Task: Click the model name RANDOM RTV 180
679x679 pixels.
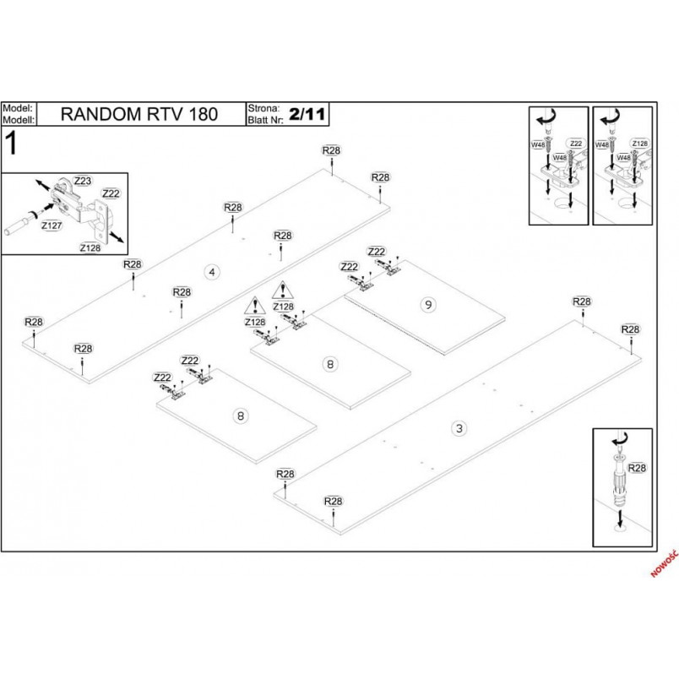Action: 139,114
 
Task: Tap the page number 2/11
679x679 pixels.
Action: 307,114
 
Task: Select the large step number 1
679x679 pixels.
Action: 12,144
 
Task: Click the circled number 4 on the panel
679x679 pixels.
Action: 212,272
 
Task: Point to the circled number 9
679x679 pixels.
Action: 428,305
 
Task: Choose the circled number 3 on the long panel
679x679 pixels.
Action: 459,428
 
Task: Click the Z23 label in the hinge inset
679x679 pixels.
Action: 82,181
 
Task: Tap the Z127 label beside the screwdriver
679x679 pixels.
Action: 52,225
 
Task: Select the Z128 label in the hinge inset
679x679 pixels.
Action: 90,247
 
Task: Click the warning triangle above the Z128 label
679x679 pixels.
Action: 255,307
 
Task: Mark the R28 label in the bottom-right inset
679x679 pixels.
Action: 637,468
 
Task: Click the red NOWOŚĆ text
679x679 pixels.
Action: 665,563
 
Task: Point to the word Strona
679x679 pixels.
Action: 263,108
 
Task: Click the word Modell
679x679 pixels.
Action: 19,120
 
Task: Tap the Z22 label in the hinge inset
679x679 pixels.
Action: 111,193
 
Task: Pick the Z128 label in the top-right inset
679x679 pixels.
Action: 639,144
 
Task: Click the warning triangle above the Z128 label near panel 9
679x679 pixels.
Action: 283,291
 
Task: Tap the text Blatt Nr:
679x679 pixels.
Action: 265,120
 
